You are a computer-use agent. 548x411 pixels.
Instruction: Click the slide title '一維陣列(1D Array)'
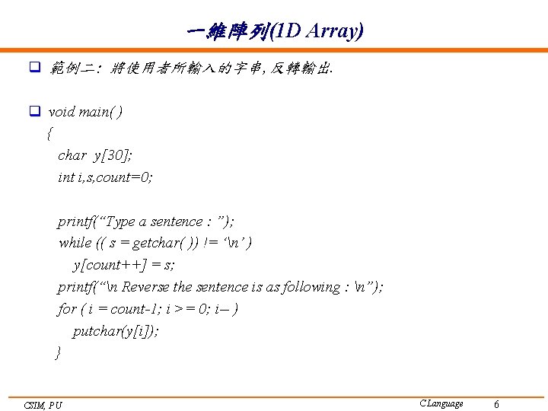274,31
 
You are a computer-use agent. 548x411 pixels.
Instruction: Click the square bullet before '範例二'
34,68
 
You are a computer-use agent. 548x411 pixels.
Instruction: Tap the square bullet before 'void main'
34,112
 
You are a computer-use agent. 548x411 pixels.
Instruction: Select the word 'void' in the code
62,112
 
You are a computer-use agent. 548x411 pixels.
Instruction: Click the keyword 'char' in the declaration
72,155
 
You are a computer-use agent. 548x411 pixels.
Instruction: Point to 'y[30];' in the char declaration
113,155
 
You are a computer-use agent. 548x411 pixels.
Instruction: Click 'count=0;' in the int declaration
126,177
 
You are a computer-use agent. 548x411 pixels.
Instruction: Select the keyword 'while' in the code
75,243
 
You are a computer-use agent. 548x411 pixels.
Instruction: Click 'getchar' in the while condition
155,243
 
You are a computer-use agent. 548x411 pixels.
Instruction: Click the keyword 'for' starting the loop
67,309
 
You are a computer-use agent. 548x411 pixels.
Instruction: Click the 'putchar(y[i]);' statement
116,331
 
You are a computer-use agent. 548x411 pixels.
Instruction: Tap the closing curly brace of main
57,353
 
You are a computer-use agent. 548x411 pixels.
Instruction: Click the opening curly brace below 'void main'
49,134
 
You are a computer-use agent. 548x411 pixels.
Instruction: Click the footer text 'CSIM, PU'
43,405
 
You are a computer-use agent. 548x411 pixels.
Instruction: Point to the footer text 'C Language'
441,403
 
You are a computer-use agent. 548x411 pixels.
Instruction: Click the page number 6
496,404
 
